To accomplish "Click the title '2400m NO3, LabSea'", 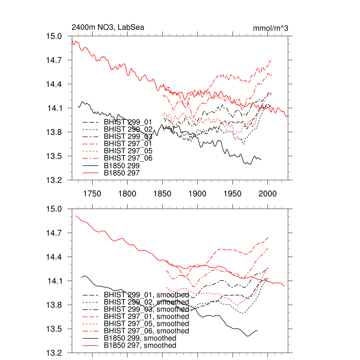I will (x=108, y=27).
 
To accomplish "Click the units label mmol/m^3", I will (x=270, y=28).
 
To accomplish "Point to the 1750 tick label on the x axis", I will (x=92, y=193).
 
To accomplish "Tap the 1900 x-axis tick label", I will (x=198, y=193).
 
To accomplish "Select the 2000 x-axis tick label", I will (x=268, y=193).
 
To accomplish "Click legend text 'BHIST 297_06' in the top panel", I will (x=128, y=158).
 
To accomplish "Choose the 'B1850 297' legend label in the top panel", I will (x=122, y=173).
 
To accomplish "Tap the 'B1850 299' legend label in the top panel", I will (x=122, y=166).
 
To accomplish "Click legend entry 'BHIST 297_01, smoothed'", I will (x=146, y=316).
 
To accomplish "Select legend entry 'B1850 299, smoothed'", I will (x=140, y=338).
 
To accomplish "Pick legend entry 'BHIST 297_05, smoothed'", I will (x=146, y=324).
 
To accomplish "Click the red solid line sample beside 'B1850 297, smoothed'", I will (x=89, y=346).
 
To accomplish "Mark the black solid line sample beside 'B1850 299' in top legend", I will (x=89, y=166).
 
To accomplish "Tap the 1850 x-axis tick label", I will (x=162, y=193).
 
